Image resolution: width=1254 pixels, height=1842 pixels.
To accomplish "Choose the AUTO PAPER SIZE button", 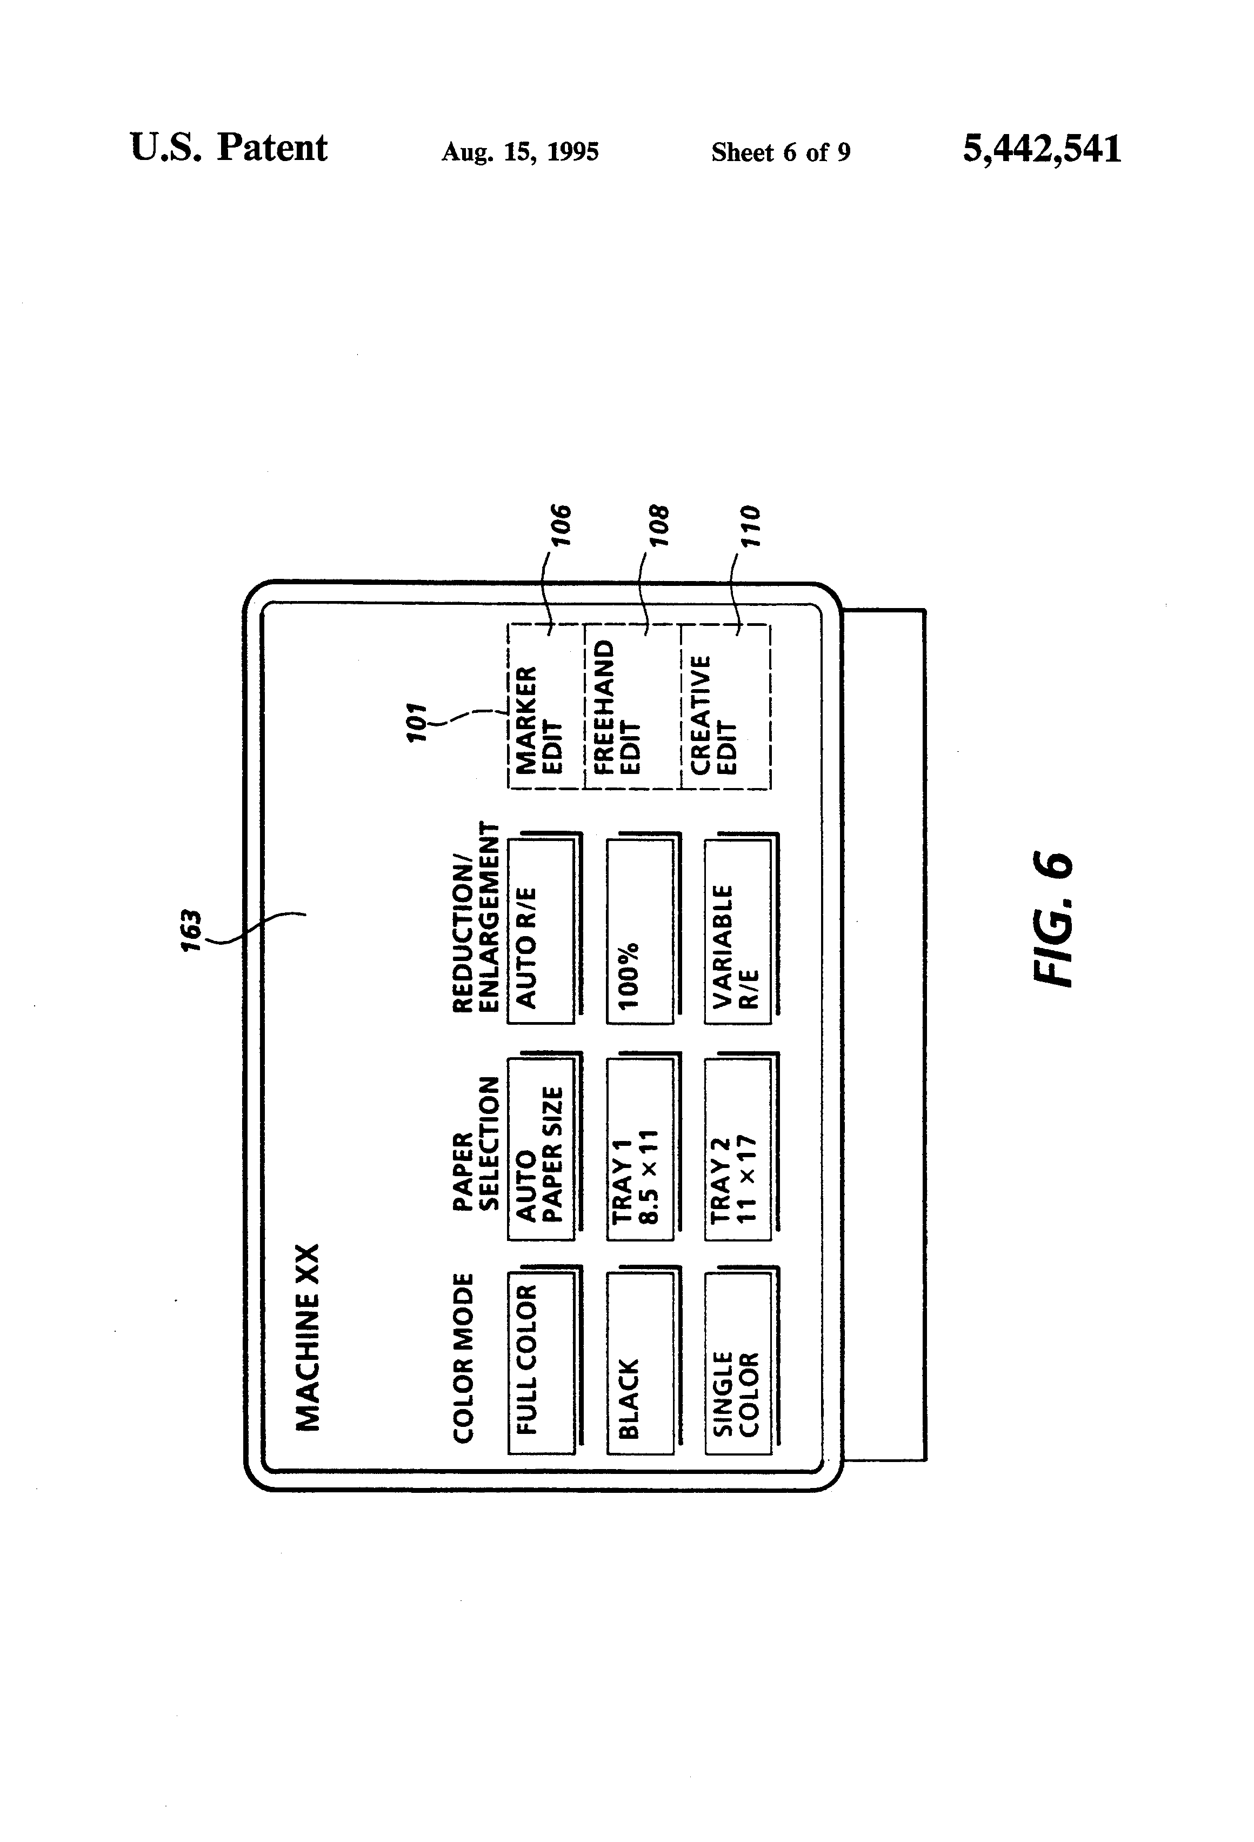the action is point(544,1146).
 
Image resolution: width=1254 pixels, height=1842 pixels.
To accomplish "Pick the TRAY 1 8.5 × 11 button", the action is point(643,1146).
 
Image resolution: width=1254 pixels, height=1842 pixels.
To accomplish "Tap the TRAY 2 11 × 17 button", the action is point(741,1146).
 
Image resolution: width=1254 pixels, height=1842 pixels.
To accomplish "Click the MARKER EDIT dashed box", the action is point(545,706).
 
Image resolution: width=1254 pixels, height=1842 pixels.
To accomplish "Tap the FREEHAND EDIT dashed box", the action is point(632,706).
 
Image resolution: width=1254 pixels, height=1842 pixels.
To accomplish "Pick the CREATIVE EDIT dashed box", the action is point(724,706).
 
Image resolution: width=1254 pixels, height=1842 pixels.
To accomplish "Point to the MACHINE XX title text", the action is point(308,1337).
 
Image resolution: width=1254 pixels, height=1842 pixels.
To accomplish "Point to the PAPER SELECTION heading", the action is point(476,1143).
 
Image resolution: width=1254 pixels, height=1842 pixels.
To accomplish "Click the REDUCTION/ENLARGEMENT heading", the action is point(476,917).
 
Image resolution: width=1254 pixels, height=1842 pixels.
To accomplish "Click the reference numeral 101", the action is point(417,722).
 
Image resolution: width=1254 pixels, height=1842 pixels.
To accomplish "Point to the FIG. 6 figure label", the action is point(1053,919).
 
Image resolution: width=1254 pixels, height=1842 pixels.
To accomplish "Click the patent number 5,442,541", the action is point(1042,150).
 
